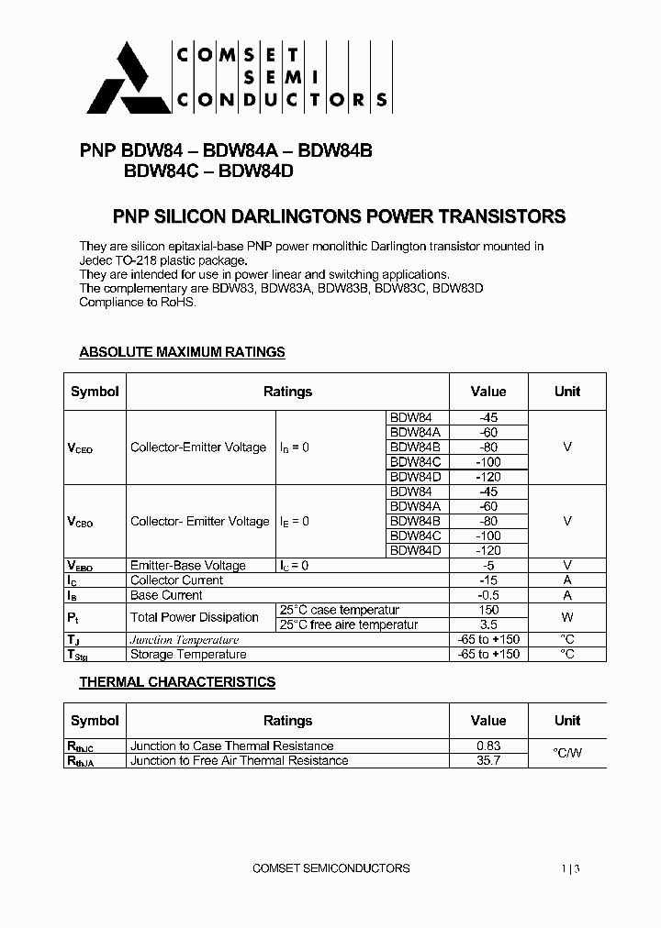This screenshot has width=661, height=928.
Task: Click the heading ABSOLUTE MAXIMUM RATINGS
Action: (182, 352)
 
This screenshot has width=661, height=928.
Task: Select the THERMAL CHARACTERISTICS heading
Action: (177, 682)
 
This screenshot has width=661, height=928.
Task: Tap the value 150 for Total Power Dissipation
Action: (488, 610)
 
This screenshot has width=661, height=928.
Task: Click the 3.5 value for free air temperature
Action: (488, 624)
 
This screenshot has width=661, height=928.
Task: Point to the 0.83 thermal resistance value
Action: (488, 746)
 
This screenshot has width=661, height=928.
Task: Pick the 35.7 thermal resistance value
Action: (488, 760)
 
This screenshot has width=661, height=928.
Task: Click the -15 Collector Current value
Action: (488, 580)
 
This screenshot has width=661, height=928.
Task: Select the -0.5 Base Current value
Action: (488, 595)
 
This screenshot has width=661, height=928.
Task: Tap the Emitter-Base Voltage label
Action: (188, 566)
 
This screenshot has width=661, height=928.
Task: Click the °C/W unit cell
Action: (567, 753)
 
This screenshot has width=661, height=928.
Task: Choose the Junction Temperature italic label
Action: (185, 639)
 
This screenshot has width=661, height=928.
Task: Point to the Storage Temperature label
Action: (188, 654)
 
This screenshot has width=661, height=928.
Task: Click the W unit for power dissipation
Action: (567, 617)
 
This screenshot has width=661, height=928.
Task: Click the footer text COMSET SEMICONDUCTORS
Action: (330, 867)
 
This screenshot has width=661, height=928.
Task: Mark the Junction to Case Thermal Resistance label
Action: (232, 746)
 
